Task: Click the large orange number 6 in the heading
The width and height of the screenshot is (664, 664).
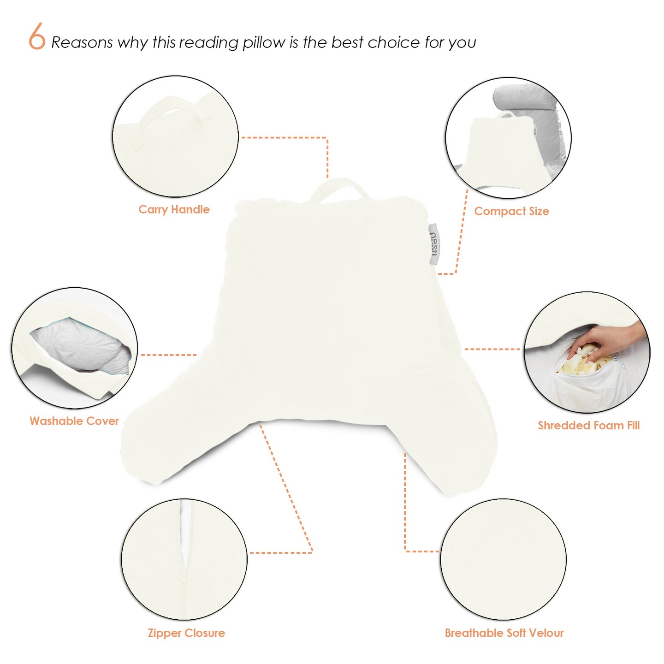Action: point(37,36)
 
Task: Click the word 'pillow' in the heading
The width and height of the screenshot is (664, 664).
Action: point(264,43)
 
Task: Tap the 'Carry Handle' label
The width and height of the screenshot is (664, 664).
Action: point(174,209)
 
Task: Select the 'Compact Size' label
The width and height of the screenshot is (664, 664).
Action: point(511,211)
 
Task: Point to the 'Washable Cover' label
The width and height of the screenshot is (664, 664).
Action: point(74,421)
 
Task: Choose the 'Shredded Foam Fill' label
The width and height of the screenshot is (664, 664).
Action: point(588,426)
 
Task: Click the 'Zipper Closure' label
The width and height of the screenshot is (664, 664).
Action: point(186,633)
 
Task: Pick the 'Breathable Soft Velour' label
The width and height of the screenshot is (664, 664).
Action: point(504,633)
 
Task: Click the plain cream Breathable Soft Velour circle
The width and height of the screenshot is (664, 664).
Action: point(503,559)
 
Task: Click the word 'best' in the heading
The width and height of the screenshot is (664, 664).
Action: point(347,42)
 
